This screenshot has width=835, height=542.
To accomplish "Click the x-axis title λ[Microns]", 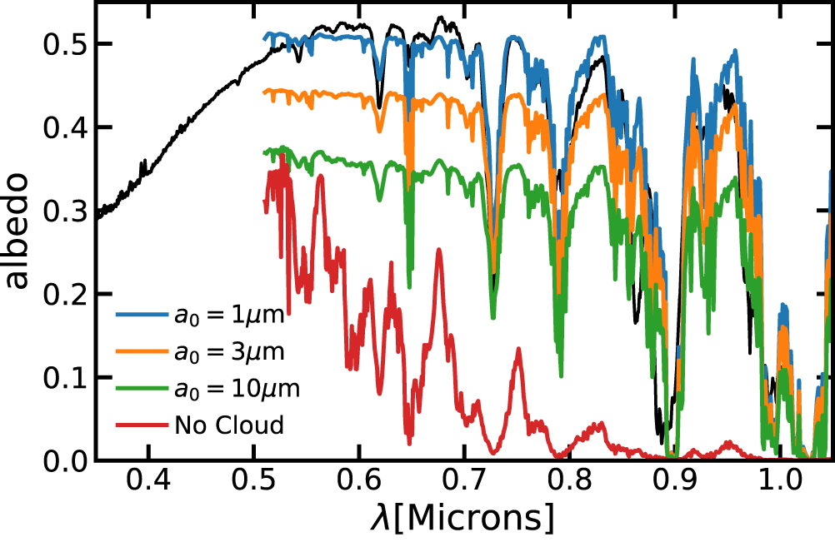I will pos(462,517).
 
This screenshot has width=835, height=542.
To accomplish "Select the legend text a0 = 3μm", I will pos(231,352).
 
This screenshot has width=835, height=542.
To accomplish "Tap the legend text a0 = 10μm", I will pos(237,389).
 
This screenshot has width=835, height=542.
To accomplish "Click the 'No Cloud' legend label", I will pos(229,425).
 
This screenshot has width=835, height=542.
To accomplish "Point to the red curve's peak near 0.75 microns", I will pos(518,349).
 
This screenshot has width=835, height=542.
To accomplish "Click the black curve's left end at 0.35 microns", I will pos(97,217).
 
